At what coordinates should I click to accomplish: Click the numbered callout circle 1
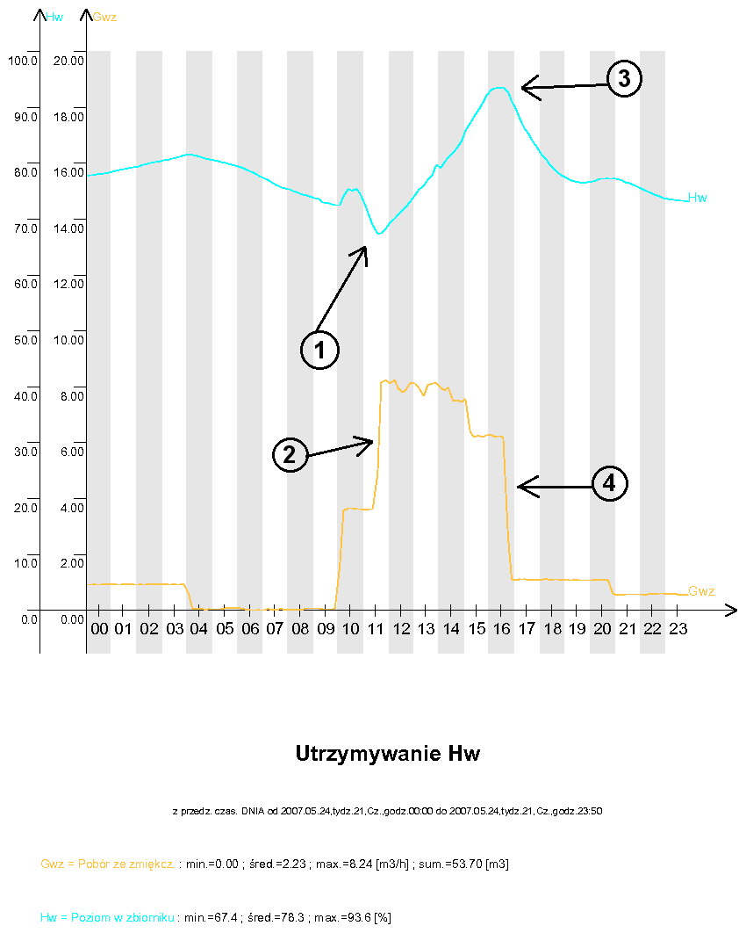[319, 350]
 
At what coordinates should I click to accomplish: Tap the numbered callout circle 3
[624, 79]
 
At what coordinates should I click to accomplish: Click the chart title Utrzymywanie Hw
[388, 754]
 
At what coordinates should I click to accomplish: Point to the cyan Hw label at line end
[698, 198]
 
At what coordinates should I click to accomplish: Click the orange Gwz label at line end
[701, 591]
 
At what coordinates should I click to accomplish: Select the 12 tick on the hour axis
[401, 630]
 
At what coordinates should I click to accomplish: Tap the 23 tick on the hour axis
[678, 630]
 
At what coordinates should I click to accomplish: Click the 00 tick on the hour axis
[99, 630]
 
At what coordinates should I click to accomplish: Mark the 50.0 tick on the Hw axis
[22, 340]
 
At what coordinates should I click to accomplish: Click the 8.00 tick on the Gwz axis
[71, 396]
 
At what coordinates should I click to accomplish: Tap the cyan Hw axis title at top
[54, 16]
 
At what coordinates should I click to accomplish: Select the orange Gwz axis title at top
[105, 16]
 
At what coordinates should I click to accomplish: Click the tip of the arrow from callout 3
[522, 86]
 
